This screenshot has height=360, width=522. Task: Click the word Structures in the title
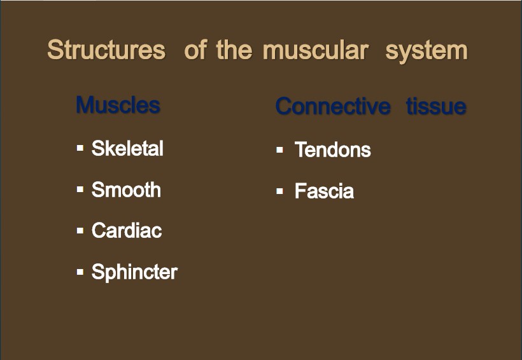106,50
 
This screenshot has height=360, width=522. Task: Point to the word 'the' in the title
234,50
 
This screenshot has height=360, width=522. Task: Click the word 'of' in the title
196,50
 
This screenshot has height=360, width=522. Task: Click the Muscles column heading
118,105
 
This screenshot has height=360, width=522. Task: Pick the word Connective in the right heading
333,106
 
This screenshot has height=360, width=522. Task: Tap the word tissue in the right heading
436,106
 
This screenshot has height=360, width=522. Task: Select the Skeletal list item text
127,148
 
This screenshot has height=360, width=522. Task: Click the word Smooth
126,190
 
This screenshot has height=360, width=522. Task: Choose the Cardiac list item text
127,231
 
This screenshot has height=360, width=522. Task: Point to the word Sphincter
134,272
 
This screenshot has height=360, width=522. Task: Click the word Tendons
332,149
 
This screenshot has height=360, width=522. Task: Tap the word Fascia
324,191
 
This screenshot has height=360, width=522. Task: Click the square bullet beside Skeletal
80,148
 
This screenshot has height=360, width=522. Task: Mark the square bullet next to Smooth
80,190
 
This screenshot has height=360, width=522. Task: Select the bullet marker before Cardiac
80,230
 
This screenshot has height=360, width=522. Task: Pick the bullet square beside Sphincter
80,272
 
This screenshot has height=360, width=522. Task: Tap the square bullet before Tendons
279,149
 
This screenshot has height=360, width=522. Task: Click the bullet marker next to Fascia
279,191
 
